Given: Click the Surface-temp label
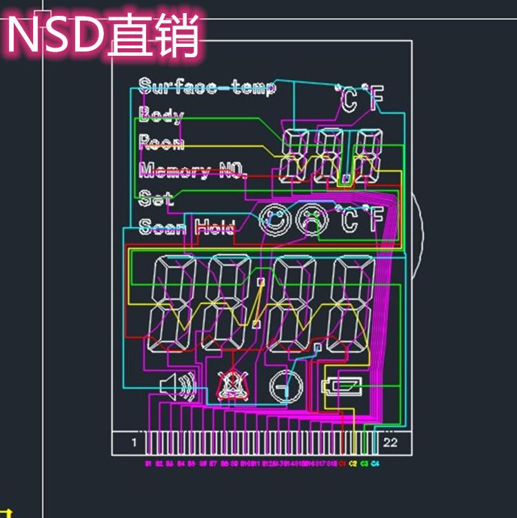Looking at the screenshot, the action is pyautogui.click(x=207, y=87).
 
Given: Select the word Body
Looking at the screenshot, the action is pyautogui.click(x=161, y=114).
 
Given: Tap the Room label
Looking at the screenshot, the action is pyautogui.click(x=161, y=143).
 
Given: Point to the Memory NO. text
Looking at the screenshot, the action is pyautogui.click(x=192, y=170).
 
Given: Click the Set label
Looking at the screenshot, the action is pyautogui.click(x=156, y=199).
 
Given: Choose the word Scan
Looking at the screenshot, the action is pyautogui.click(x=162, y=226).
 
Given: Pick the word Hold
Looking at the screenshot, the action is pyautogui.click(x=214, y=226).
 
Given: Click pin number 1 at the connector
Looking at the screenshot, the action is pyautogui.click(x=134, y=443).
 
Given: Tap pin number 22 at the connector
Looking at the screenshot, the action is pyautogui.click(x=390, y=443).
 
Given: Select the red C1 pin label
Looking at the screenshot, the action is pyautogui.click(x=343, y=464).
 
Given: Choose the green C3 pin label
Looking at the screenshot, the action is pyautogui.click(x=364, y=464).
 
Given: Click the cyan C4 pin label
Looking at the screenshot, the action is pyautogui.click(x=375, y=464).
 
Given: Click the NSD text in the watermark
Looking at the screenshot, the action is pyautogui.click(x=55, y=36).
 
